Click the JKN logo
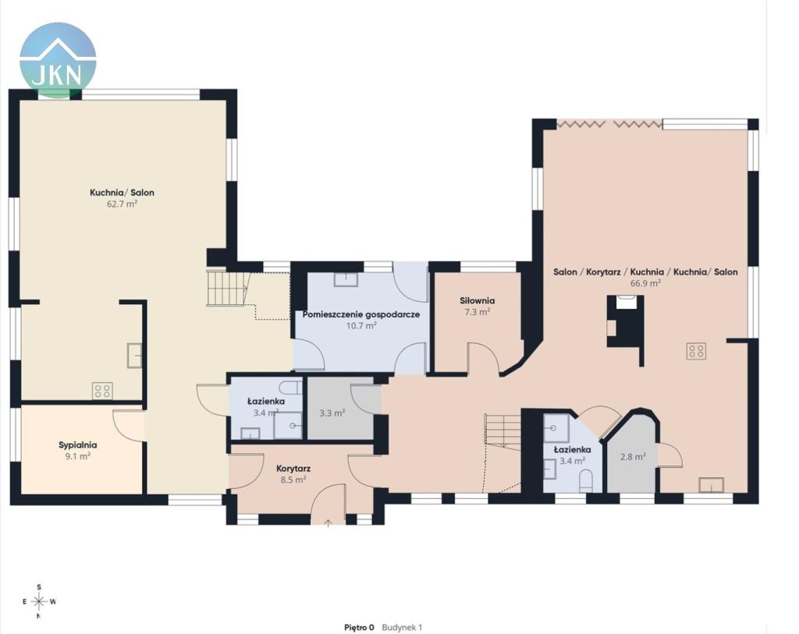coord(58,60)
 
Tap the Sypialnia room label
coord(77,445)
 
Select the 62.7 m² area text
coord(122,204)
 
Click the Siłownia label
coord(477,300)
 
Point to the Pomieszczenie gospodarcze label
coord(361,314)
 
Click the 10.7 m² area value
coord(361,325)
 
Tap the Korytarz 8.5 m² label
coord(293,473)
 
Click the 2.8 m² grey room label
coord(633,457)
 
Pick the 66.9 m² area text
coord(645,283)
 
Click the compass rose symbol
coord(39,602)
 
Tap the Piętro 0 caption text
coord(359,628)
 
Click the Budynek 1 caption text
coord(402,628)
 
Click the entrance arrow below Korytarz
coord(328,522)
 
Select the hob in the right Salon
coord(696,351)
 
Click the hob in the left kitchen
coord(102,391)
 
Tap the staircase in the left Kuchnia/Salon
coord(227,289)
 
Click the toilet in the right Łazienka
coord(587,480)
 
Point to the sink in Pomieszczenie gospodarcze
coord(346,278)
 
